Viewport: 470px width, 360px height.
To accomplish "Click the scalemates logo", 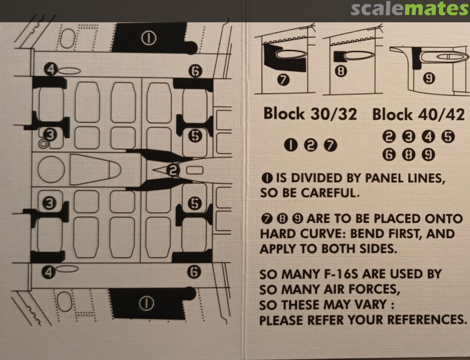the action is point(410,9).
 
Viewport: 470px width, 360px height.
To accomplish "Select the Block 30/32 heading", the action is point(310,113).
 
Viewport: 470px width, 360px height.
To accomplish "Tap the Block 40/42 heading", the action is point(419,114).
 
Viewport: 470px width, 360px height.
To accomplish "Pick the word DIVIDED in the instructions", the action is point(316,178).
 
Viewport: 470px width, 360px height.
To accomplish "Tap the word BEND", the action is point(366,233).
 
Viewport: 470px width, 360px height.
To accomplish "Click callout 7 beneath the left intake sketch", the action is point(283,80).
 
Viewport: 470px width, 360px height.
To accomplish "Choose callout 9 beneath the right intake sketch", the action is point(429,78).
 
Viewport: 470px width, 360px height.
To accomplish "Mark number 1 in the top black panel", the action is point(149,39).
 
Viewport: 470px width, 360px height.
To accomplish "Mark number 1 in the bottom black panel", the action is point(147,303).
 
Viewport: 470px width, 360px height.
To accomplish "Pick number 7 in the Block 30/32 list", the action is point(330,146).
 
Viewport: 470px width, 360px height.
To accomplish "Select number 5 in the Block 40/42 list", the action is point(448,137).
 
